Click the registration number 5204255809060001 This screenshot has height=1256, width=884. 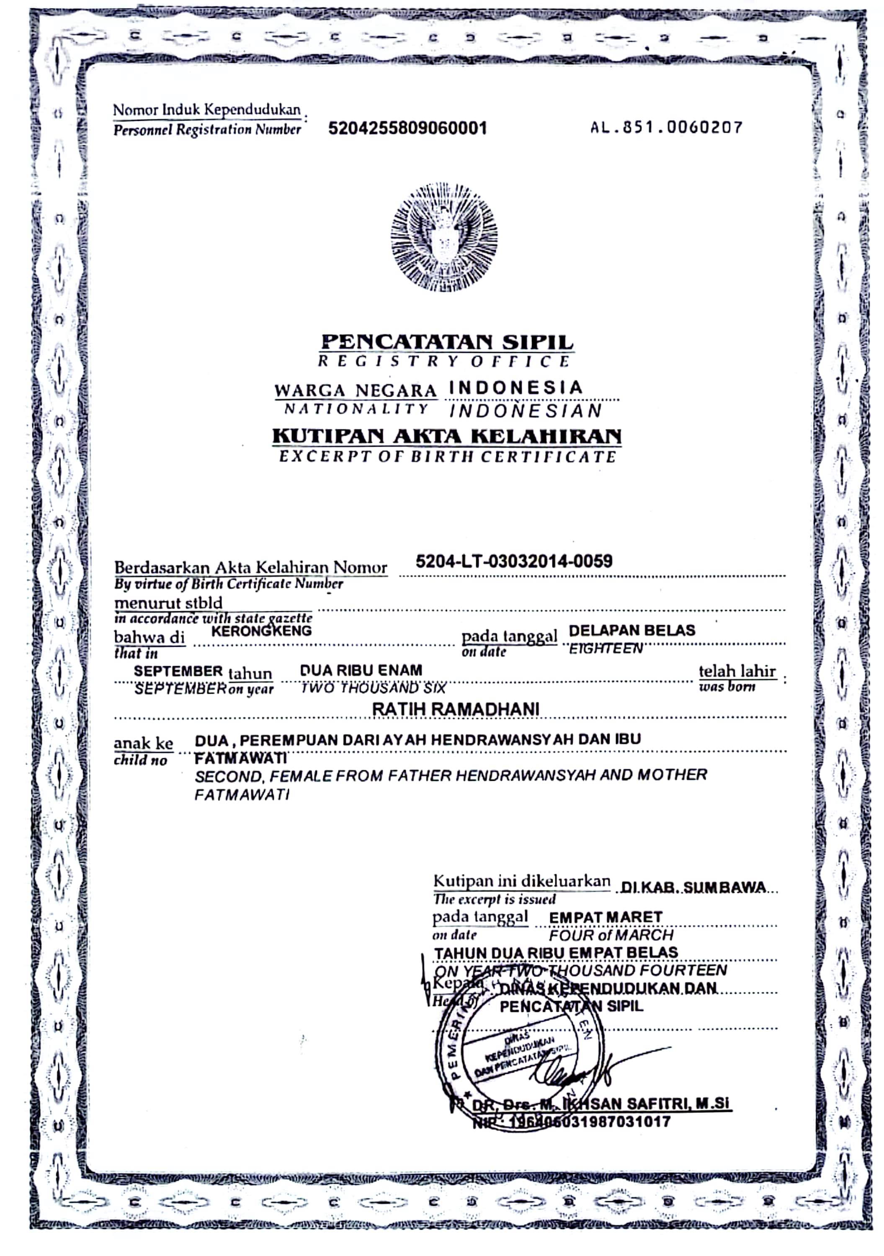[407, 129]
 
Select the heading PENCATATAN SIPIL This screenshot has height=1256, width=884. [447, 342]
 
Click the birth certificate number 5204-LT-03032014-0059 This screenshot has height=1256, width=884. [514, 561]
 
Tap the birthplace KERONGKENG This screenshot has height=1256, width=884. [261, 631]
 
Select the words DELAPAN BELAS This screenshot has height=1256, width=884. [632, 630]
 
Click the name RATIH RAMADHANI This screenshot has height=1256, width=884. [456, 709]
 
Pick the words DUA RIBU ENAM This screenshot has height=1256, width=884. [361, 670]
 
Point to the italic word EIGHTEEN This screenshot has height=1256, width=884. [606, 649]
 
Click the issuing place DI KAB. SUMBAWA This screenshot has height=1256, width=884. [693, 887]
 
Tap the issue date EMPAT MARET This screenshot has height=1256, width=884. [606, 917]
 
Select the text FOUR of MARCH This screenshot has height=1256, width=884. [611, 935]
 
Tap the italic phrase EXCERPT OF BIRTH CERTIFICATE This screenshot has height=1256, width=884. [448, 457]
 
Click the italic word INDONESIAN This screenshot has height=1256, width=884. [525, 411]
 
